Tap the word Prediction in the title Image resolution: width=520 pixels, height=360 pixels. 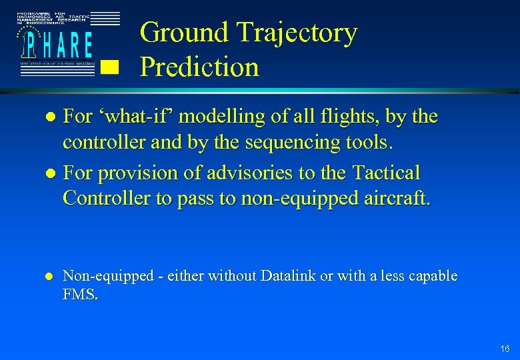(200, 67)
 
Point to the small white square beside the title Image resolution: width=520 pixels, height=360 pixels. (109, 67)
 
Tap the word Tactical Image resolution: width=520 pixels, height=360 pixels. (385, 173)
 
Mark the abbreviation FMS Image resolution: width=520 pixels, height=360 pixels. (80, 295)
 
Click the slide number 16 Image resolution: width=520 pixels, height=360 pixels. (505, 349)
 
